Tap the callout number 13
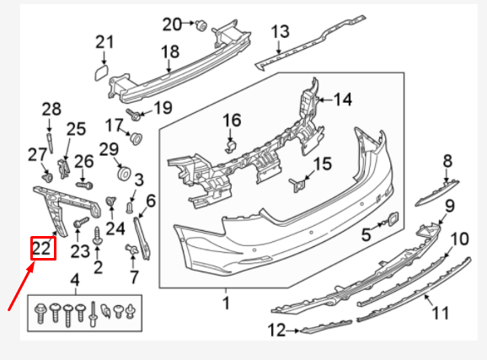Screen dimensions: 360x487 click(280, 33)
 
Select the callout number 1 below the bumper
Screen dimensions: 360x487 click(226, 302)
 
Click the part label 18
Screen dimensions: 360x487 click(170, 52)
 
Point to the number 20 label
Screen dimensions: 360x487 click(172, 24)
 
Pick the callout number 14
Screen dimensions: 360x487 click(342, 99)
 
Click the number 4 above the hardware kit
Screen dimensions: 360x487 click(75, 280)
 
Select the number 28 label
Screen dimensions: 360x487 click(52, 108)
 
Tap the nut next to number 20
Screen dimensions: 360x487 click(201, 25)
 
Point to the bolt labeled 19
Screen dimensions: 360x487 click(133, 112)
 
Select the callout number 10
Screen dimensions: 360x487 click(458, 240)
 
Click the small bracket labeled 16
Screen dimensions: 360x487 click(228, 148)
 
